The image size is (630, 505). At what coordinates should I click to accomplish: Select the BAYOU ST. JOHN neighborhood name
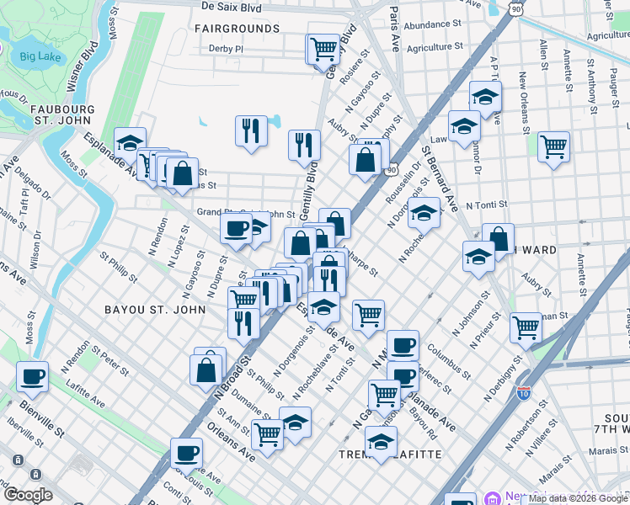click(155, 310)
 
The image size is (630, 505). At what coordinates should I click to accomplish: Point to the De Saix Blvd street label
click(239, 5)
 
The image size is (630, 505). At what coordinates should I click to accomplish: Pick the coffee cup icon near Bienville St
click(32, 377)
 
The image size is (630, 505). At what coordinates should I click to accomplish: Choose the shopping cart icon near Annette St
click(553, 147)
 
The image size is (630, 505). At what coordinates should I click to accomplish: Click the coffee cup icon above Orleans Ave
click(186, 453)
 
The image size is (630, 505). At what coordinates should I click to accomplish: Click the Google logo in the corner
click(28, 495)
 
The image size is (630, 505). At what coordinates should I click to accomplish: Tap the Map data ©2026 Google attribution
click(577, 499)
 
